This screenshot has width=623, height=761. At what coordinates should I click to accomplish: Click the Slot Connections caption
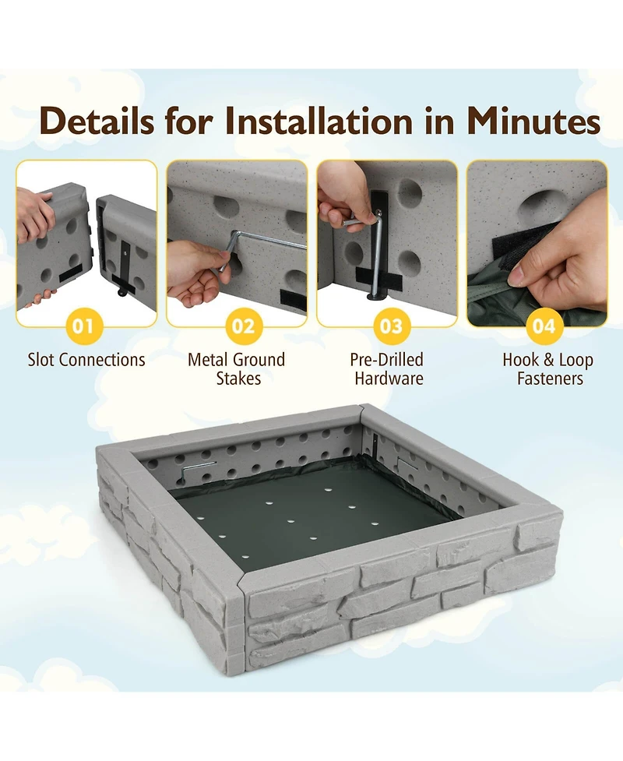[86, 360]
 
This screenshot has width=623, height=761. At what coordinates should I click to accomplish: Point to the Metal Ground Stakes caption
[236, 369]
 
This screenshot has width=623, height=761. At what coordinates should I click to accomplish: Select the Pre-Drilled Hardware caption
[388, 369]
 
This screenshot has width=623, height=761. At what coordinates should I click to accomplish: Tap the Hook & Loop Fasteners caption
[547, 369]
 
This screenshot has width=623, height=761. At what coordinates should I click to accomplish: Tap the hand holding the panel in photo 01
[33, 214]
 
